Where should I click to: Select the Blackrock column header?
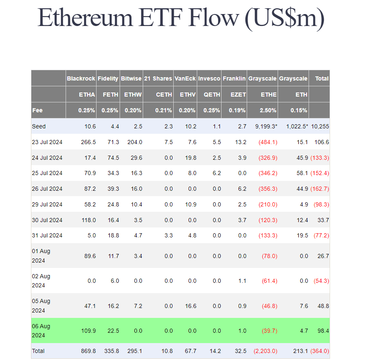[x=81, y=78]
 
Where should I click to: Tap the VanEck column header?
[x=185, y=78]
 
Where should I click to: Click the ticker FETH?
[x=110, y=95]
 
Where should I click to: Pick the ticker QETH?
[x=212, y=95]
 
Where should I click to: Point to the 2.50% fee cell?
[x=268, y=110]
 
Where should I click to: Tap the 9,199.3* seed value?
[x=264, y=126]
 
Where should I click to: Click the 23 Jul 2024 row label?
[x=47, y=142]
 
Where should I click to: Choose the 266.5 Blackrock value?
[x=89, y=142]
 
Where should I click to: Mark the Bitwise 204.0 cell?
[x=134, y=142]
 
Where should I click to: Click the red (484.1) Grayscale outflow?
[x=268, y=142]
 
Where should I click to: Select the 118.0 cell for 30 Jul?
[x=89, y=220]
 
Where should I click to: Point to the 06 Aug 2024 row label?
[x=41, y=331]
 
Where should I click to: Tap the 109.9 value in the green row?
[x=89, y=331]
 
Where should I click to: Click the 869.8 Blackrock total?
[x=89, y=351]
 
